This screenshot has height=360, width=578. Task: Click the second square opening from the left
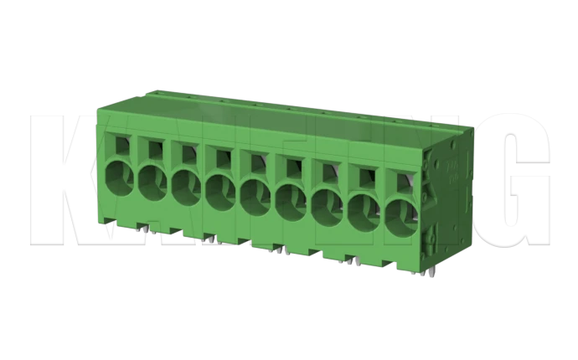click(154, 149)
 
